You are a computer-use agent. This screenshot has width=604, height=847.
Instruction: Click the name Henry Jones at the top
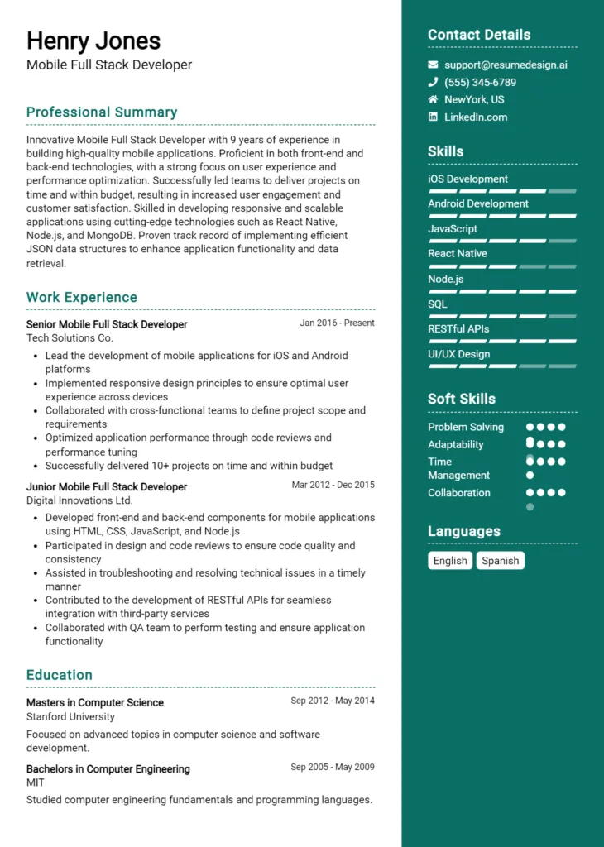[93, 41]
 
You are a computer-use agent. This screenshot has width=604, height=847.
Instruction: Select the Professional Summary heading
[102, 112]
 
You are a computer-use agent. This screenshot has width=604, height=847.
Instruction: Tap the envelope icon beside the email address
[433, 65]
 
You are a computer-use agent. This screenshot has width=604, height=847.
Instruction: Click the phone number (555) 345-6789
[480, 83]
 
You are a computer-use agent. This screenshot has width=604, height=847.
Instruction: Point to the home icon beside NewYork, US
[433, 99]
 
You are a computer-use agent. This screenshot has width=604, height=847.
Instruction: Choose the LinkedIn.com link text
[476, 117]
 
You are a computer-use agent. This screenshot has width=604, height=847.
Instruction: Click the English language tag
[450, 561]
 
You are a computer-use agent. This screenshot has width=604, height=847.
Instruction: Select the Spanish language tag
[501, 561]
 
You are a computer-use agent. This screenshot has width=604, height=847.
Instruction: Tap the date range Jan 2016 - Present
[337, 323]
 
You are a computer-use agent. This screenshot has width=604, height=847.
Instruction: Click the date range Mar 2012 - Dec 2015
[333, 486]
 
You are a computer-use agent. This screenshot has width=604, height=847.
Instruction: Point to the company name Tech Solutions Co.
[70, 338]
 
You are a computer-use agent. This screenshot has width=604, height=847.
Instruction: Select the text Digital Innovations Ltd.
[79, 500]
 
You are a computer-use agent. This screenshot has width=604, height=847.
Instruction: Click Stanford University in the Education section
[70, 717]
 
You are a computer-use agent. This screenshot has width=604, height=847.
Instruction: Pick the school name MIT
[36, 782]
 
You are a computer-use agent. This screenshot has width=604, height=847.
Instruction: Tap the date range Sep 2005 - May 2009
[333, 768]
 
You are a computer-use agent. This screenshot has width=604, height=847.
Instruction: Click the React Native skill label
[458, 254]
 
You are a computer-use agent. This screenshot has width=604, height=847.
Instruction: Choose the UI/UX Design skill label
[459, 354]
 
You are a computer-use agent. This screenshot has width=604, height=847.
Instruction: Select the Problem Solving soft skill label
[466, 428]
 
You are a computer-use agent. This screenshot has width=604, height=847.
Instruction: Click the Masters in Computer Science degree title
[95, 703]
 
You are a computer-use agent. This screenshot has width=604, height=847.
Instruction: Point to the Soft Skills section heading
[462, 399]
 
